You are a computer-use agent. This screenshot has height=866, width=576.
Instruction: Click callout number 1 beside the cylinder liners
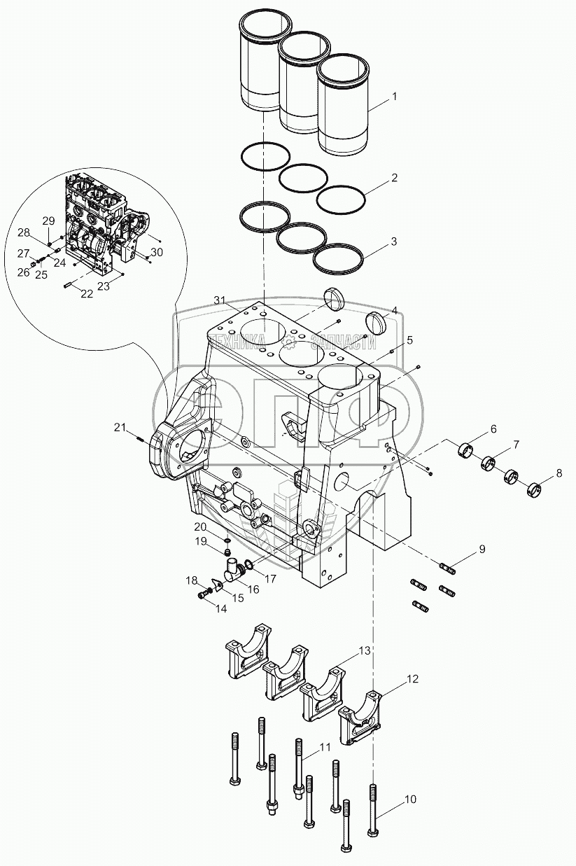[394, 97]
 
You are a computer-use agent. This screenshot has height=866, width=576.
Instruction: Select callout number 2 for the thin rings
[394, 178]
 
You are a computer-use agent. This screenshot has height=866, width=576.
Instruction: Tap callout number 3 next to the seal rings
[394, 242]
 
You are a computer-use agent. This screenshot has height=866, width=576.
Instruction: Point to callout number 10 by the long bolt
[410, 798]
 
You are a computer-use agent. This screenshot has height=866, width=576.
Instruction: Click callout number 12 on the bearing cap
[412, 678]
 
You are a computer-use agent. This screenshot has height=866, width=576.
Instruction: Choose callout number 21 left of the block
[120, 428]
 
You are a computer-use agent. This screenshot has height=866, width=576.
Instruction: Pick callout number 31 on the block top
[220, 301]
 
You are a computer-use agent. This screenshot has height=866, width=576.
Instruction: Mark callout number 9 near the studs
[482, 550]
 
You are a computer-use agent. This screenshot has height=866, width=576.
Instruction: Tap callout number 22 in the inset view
[86, 294]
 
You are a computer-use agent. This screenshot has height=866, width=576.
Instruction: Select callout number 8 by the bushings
[559, 473]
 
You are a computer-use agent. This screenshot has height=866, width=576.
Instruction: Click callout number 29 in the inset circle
[48, 221]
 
